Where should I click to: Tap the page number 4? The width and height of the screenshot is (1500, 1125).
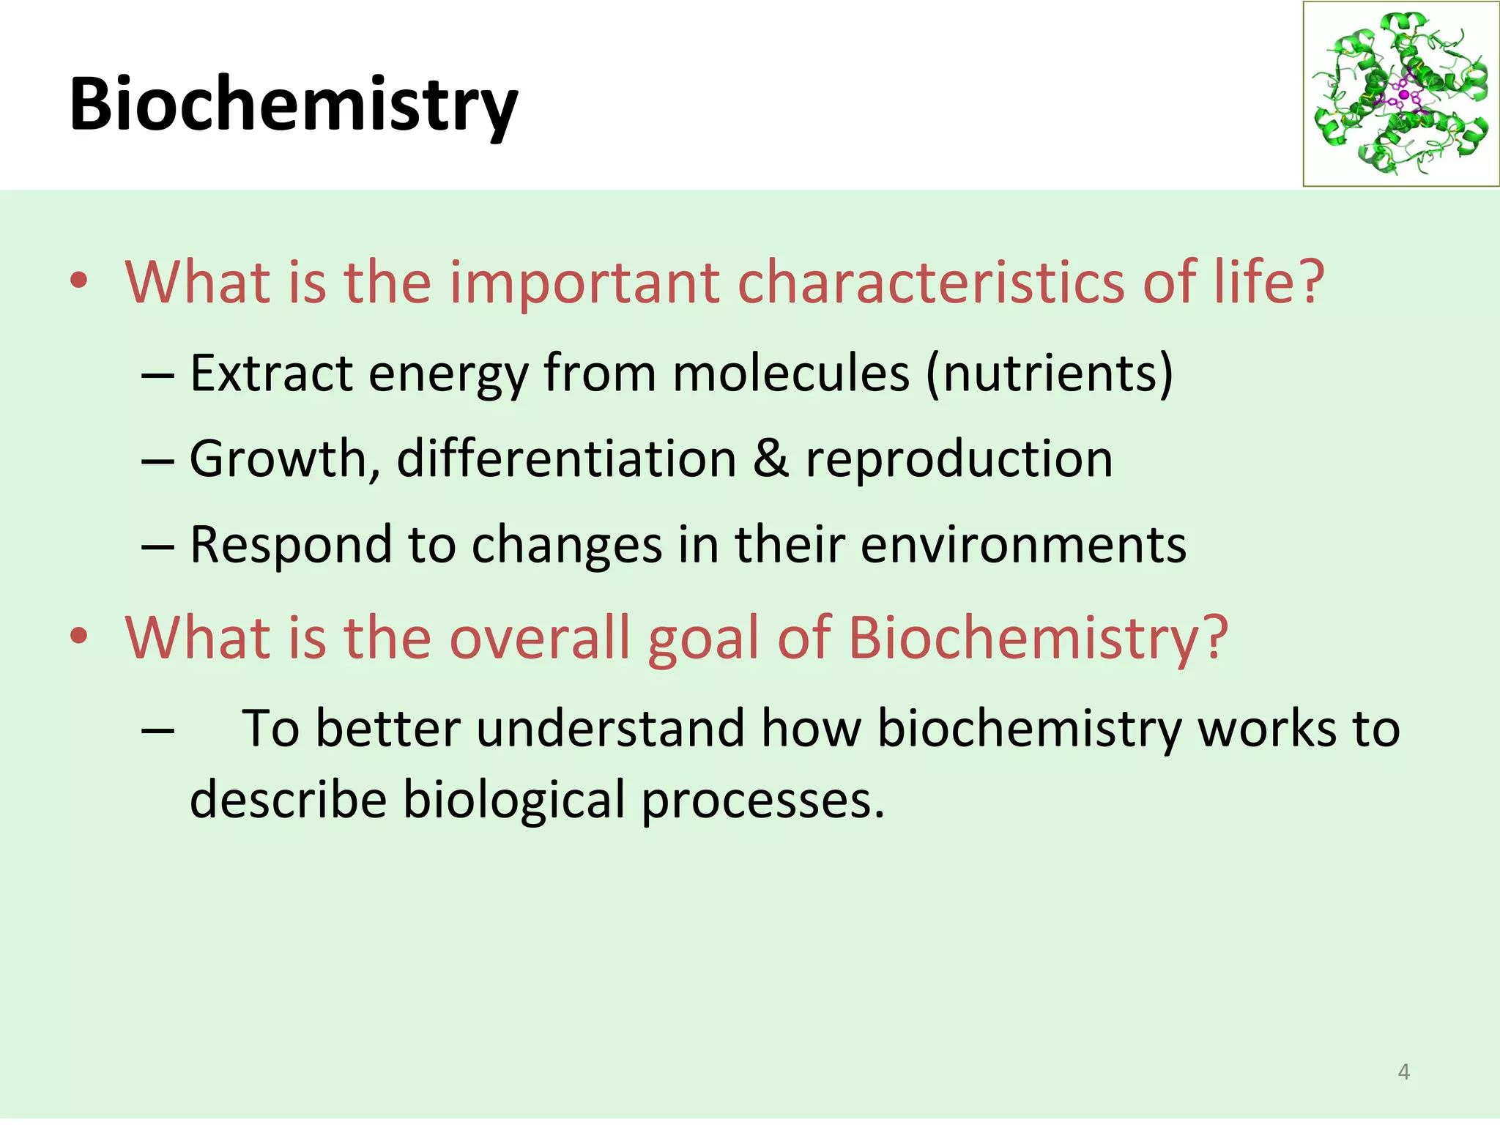(x=1403, y=1072)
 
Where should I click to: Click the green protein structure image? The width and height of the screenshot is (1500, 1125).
(x=1400, y=94)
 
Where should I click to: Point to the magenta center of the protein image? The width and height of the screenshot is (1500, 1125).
(x=1403, y=95)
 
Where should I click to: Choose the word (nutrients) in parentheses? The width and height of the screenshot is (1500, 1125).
(x=1049, y=374)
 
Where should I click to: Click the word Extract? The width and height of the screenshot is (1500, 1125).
(x=270, y=374)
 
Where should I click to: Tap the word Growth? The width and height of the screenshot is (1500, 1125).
(x=285, y=460)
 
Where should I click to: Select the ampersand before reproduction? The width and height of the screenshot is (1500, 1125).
(x=771, y=460)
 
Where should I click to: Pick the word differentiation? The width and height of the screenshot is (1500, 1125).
(x=566, y=460)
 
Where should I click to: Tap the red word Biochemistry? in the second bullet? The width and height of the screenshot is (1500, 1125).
(x=1037, y=637)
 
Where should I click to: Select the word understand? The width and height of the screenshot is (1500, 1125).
(x=610, y=729)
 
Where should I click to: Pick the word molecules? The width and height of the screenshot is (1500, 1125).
(x=791, y=374)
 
